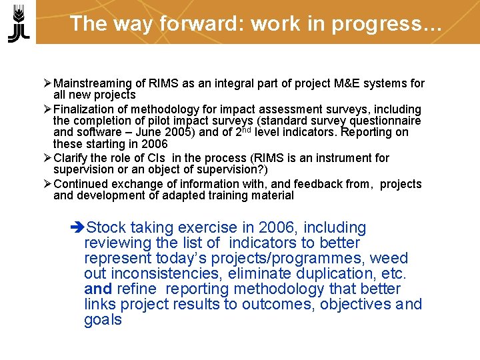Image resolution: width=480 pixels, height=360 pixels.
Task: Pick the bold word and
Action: click(x=97, y=289)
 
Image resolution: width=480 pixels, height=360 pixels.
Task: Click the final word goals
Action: click(x=103, y=320)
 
